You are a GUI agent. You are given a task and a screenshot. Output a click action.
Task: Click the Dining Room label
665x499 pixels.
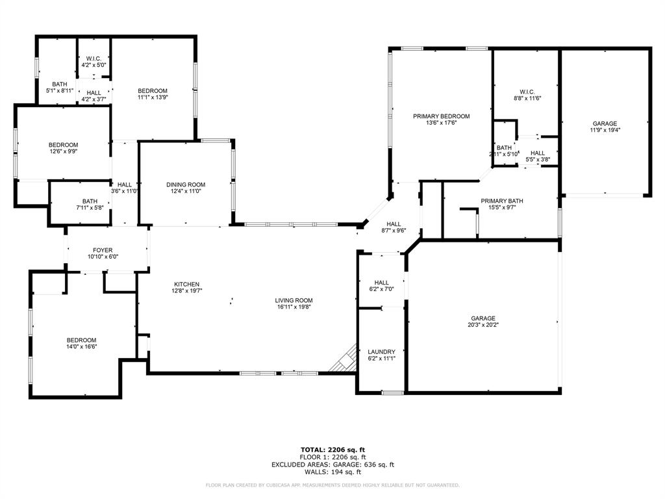[186, 185]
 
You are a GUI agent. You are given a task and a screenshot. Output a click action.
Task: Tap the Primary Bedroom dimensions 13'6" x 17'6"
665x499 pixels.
[441, 123]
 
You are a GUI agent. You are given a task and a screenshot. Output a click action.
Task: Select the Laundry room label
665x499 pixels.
[381, 352]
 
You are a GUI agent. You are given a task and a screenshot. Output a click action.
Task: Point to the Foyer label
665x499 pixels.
[103, 249]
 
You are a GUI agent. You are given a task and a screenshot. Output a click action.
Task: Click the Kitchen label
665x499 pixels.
[186, 284]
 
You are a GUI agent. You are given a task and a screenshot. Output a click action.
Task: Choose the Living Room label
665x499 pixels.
[294, 300]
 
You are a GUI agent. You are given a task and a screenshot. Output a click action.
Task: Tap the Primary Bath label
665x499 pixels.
[502, 201]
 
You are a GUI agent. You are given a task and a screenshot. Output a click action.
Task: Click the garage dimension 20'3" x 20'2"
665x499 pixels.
[483, 325]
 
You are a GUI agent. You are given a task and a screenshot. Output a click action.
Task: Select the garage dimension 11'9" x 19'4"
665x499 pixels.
[605, 130]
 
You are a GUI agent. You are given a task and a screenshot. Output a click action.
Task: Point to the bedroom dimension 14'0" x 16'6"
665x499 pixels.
[81, 348]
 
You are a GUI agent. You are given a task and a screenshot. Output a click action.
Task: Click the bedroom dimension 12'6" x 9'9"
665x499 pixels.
[63, 152]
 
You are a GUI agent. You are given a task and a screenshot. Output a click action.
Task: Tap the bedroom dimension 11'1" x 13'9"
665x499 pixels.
[153, 97]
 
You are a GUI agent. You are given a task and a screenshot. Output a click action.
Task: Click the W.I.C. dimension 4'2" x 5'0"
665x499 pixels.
[94, 66]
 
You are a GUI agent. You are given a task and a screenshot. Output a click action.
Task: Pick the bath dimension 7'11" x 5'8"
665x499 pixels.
[90, 208]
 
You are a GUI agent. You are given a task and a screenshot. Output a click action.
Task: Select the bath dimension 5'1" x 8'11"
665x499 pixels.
[60, 91]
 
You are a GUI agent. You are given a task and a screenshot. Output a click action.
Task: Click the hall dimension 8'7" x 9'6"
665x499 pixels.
[393, 230]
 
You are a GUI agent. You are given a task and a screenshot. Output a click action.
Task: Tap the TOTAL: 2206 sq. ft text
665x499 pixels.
[332, 450]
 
